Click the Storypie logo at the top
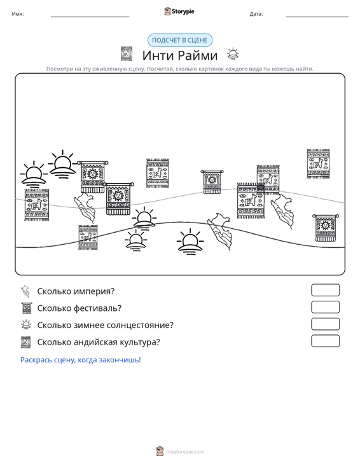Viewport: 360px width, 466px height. tap(179, 11)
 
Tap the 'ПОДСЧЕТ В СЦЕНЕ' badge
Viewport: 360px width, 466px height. tap(180, 40)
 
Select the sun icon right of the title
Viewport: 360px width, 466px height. tap(233, 53)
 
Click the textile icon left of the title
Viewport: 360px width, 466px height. tap(127, 54)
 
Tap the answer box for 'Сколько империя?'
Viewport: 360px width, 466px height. tap(325, 290)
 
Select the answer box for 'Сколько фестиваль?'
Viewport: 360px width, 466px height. tap(325, 307)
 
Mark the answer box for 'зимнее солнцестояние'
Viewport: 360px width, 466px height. tap(325, 324)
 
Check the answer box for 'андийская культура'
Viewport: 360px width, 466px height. tap(325, 341)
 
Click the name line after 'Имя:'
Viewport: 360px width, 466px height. tap(90, 17)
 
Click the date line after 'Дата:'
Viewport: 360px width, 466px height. tap(317, 17)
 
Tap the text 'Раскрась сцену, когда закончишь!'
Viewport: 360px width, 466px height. tap(81, 360)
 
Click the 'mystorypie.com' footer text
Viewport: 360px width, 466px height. tap(184, 452)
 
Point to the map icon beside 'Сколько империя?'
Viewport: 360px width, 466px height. tap(25, 291)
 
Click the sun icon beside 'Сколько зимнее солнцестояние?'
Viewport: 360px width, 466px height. tap(26, 324)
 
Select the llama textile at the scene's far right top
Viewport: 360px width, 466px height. tap(318, 164)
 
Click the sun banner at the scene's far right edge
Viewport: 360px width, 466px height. tap(326, 228)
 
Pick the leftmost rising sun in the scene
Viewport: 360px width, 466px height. tap(34, 174)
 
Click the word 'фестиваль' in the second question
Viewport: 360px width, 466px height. tap(97, 308)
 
